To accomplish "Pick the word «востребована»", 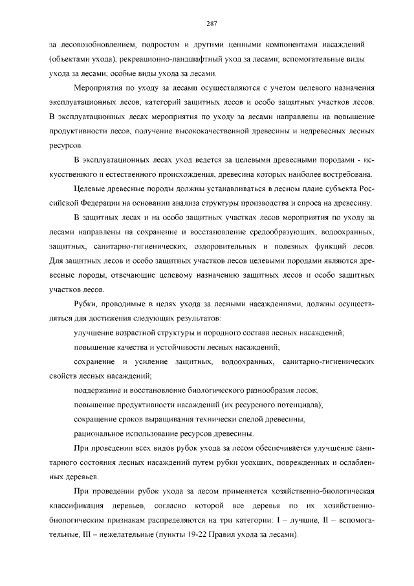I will tap(345, 175).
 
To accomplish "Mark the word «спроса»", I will tap(300, 204).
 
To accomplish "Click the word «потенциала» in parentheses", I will tap(292, 406).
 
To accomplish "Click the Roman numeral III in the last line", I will tap(86, 536).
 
